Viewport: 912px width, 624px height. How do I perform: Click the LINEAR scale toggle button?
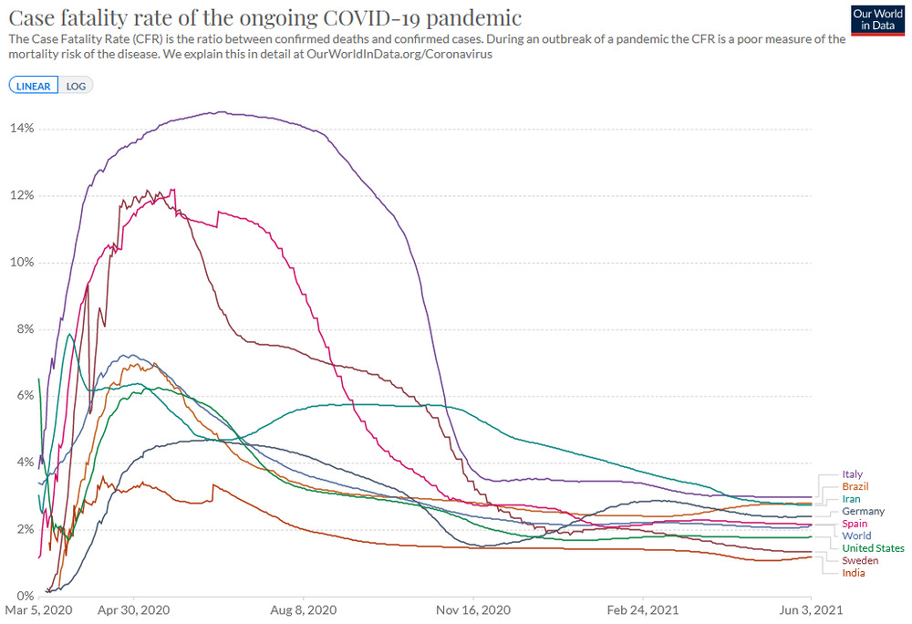click(x=34, y=86)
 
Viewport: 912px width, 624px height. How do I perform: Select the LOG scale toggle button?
click(x=76, y=86)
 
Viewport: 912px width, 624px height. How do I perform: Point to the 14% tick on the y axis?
click(x=23, y=129)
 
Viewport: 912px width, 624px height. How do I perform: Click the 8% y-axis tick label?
click(x=26, y=329)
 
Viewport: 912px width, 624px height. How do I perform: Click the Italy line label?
click(x=852, y=474)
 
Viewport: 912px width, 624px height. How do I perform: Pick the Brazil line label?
click(x=855, y=487)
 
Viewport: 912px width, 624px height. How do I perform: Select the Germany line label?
click(x=863, y=512)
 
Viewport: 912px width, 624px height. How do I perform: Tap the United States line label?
click(x=873, y=548)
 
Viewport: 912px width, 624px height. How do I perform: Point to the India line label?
click(x=854, y=573)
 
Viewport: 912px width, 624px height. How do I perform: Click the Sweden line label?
click(x=860, y=560)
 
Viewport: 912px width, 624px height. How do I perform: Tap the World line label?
click(x=856, y=536)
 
